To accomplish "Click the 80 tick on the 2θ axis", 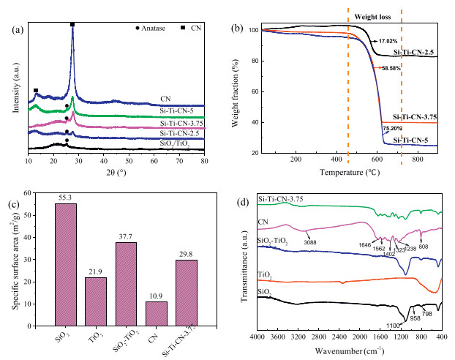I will click(x=204, y=158).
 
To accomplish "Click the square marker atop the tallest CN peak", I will click(x=72, y=25).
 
